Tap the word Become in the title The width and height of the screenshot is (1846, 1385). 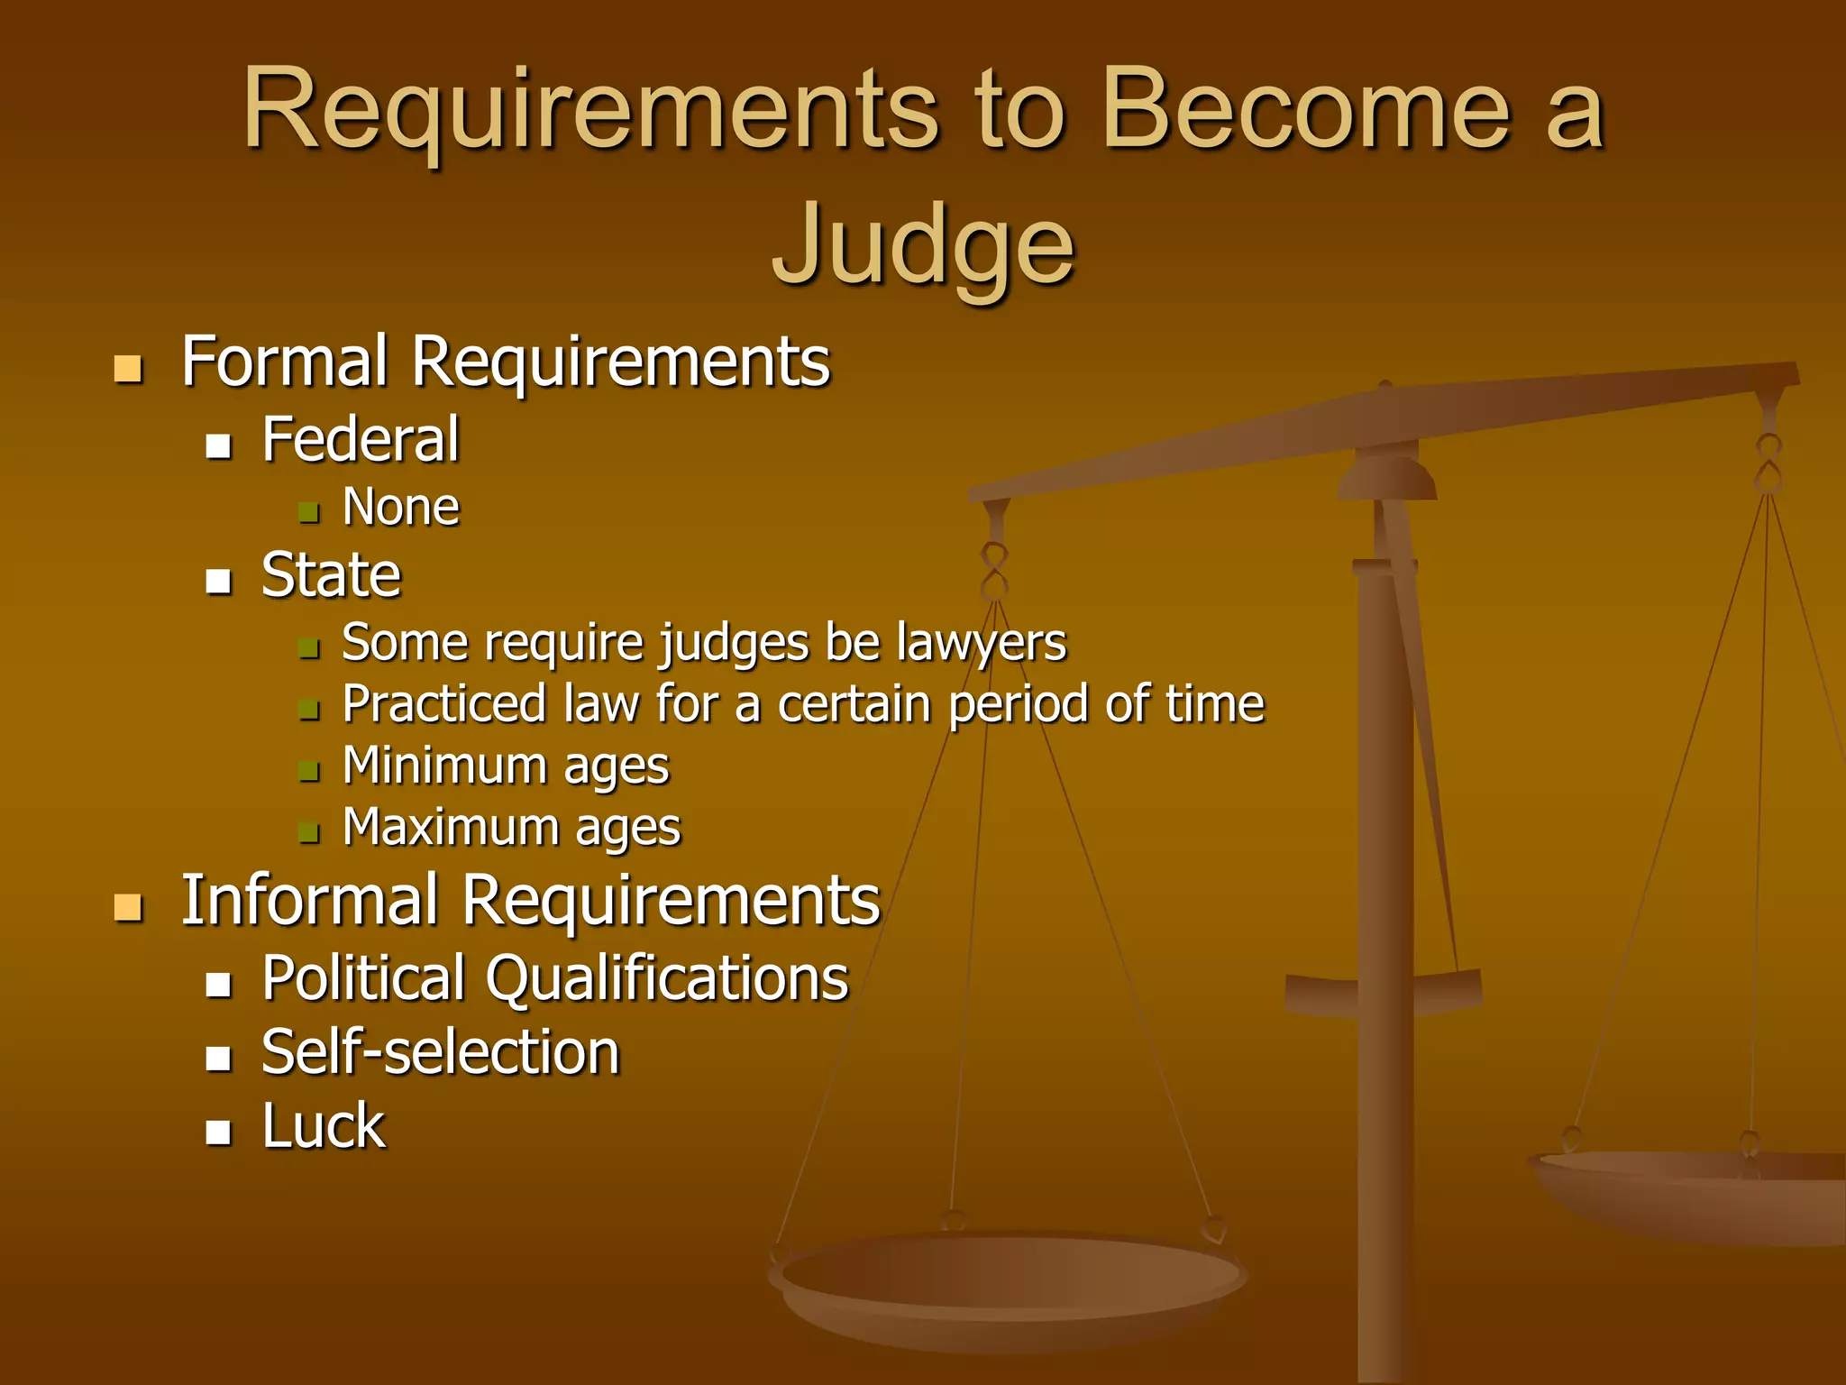(x=1305, y=110)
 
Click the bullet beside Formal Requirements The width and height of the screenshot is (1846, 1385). (x=128, y=369)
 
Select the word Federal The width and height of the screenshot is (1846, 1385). (x=361, y=440)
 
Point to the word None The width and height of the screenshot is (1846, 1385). (x=401, y=507)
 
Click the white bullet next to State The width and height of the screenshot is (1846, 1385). (x=218, y=581)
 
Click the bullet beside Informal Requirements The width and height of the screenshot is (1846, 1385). (x=128, y=907)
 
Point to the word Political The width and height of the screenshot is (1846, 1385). (x=363, y=978)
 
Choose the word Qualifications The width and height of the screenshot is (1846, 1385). (x=667, y=980)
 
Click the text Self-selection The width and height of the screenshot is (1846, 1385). (x=441, y=1053)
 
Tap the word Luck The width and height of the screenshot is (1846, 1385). (x=324, y=1127)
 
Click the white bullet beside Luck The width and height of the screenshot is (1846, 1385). (x=218, y=1132)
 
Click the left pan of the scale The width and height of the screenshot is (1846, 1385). (x=1008, y=1280)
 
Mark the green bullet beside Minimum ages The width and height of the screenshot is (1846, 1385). (x=309, y=772)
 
